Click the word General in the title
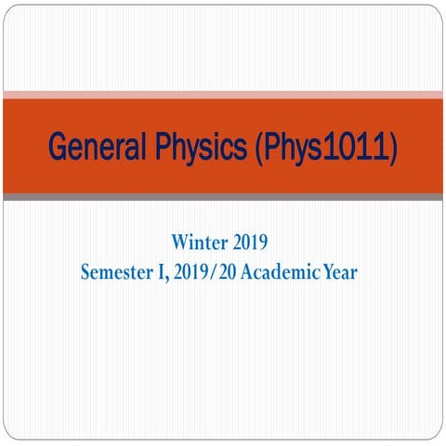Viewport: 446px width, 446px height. (x=92, y=146)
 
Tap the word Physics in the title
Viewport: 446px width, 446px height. (x=192, y=146)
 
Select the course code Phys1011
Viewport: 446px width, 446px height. (x=322, y=146)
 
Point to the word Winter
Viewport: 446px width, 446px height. (x=197, y=243)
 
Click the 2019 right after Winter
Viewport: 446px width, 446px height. (x=248, y=243)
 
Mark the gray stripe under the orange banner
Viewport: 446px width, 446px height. (x=223, y=197)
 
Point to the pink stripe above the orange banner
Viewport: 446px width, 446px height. (x=223, y=94)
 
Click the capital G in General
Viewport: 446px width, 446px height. (x=58, y=146)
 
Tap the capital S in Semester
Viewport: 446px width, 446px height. (x=86, y=272)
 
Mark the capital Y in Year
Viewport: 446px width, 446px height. (x=332, y=272)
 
